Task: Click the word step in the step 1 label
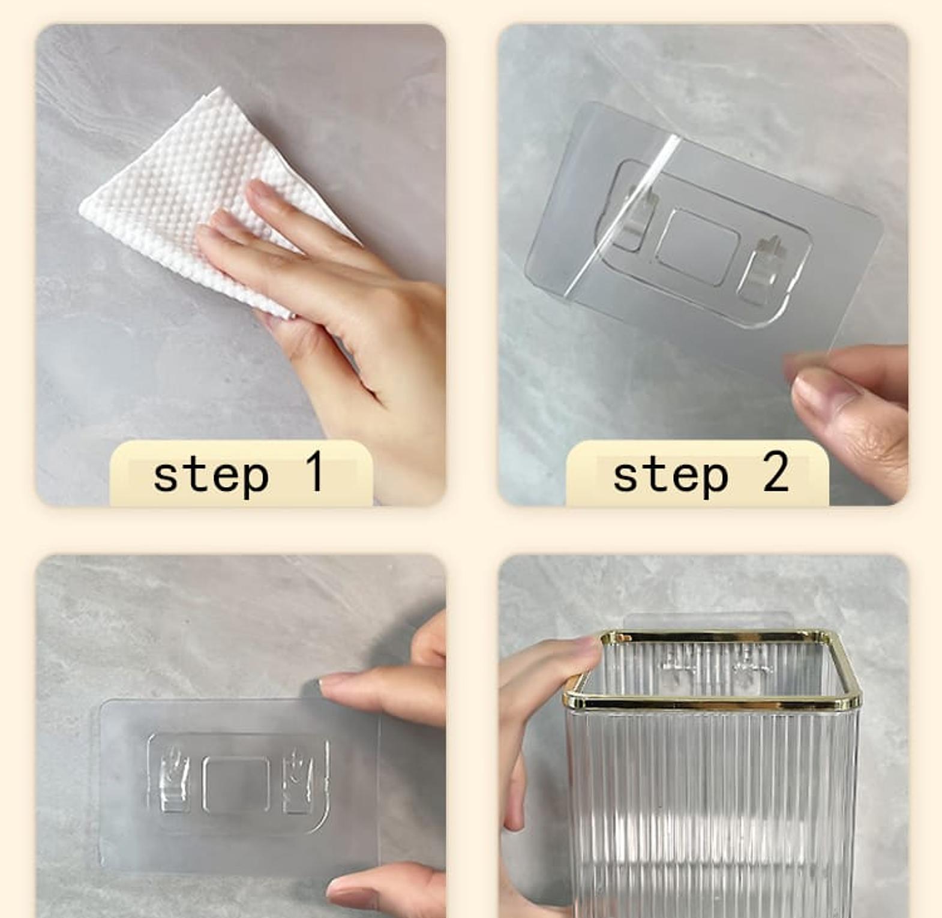(x=211, y=476)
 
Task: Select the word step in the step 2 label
(x=670, y=476)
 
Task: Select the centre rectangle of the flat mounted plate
(x=236, y=783)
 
